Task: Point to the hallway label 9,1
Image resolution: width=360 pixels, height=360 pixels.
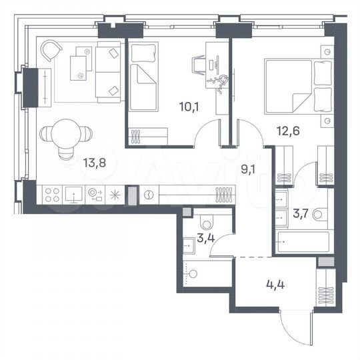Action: coord(249,169)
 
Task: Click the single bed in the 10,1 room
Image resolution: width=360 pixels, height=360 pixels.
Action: coord(143,79)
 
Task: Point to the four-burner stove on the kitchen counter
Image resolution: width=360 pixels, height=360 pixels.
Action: coord(53,195)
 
